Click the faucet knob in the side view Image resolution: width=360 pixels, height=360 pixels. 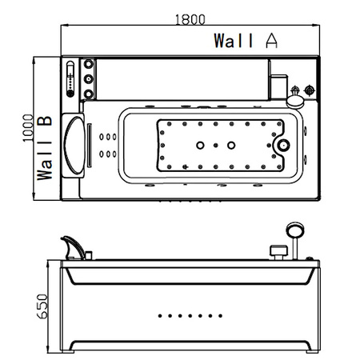coord(279,252)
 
